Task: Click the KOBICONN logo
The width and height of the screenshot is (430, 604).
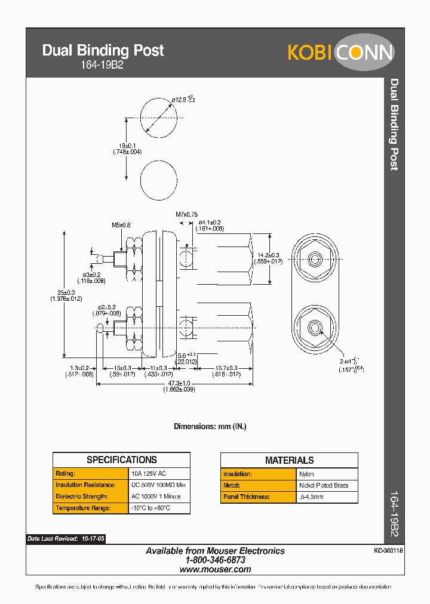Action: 341,52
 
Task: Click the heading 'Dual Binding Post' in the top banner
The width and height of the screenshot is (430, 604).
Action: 103,51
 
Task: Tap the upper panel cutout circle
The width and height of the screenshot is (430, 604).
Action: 159,118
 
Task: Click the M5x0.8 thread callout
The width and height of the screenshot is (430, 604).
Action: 121,225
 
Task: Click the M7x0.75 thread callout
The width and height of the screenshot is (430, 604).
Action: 186,214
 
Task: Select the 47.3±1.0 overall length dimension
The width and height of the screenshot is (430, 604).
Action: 179,386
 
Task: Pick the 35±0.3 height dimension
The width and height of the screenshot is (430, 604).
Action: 66,295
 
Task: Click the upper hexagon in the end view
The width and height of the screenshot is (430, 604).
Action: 314,258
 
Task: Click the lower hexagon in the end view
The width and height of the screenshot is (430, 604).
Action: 314,326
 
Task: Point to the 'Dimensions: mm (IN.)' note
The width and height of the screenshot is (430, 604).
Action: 210,427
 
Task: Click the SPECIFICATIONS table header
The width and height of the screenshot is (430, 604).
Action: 121,460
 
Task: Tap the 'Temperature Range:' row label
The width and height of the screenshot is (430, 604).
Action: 82,508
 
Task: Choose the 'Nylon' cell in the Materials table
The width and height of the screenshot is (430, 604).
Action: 306,474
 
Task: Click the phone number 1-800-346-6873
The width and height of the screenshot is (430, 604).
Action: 215,560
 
